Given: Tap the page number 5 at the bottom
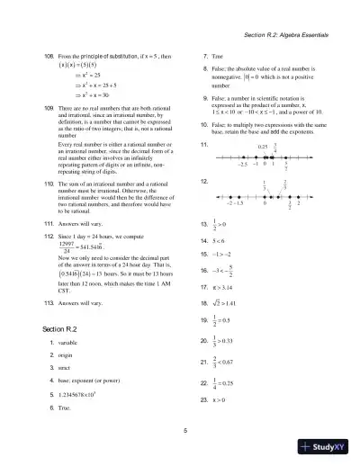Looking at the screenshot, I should click(184, 432).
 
